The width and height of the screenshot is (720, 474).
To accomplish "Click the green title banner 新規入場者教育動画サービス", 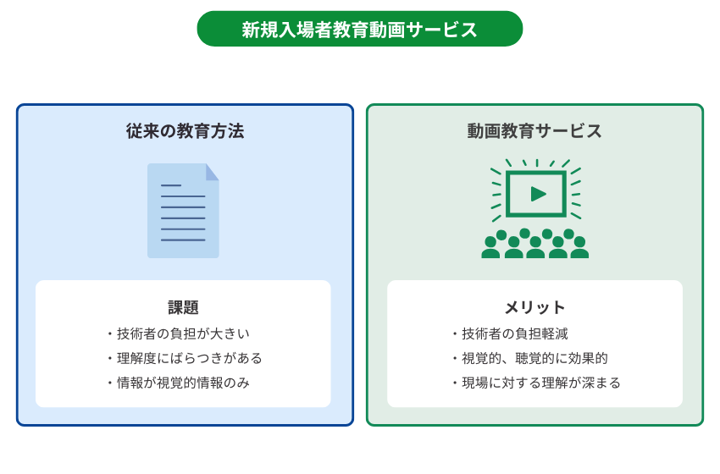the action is pyautogui.click(x=359, y=29).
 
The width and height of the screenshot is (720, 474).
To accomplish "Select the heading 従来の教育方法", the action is pyautogui.click(x=185, y=131).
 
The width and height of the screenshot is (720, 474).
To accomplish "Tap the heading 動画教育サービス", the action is pyautogui.click(x=534, y=131).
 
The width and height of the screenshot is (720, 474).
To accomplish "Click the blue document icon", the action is pyautogui.click(x=183, y=211).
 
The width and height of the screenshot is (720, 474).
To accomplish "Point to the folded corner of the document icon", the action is pyautogui.click(x=212, y=173).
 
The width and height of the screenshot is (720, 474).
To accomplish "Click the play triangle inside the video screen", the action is pyautogui.click(x=538, y=194).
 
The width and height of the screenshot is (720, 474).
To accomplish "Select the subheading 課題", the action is pyautogui.click(x=183, y=307).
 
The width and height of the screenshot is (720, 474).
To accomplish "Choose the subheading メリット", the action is pyautogui.click(x=534, y=307).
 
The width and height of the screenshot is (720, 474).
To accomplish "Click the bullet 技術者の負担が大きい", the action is pyautogui.click(x=179, y=333).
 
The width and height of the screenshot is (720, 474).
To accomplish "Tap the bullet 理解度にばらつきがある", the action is pyautogui.click(x=185, y=358).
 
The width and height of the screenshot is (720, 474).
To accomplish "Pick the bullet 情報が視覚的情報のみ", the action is pyautogui.click(x=179, y=383).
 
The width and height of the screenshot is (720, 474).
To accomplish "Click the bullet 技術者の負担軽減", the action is pyautogui.click(x=510, y=333).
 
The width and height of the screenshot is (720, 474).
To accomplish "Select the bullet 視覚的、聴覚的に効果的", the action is pyautogui.click(x=530, y=358).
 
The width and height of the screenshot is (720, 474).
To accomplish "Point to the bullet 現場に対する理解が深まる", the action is pyautogui.click(x=536, y=383).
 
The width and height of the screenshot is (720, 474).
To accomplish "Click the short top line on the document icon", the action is pyautogui.click(x=171, y=185).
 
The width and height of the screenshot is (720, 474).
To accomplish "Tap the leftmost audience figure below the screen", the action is pyautogui.click(x=490, y=248).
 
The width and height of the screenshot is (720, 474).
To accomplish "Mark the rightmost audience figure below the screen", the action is pyautogui.click(x=579, y=248).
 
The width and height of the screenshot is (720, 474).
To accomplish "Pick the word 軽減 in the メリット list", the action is pyautogui.click(x=555, y=333).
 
